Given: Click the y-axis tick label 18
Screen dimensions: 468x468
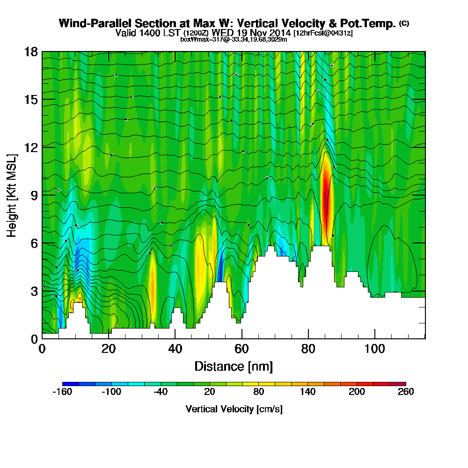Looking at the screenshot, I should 31,51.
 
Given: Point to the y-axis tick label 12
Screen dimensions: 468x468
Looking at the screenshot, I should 31,147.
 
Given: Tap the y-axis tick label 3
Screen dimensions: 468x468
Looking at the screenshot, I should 35,291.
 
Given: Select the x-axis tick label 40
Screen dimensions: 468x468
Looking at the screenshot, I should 175,349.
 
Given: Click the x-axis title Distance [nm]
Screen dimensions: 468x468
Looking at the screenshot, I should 234,366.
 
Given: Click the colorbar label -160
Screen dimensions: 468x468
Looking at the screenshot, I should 62,392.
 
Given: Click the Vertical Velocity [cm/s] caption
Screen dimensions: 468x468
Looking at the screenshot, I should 234,409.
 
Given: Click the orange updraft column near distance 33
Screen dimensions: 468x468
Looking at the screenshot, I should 153,285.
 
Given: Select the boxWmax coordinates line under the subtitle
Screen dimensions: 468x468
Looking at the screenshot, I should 234,39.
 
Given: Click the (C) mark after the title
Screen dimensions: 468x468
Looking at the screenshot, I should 404,23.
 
